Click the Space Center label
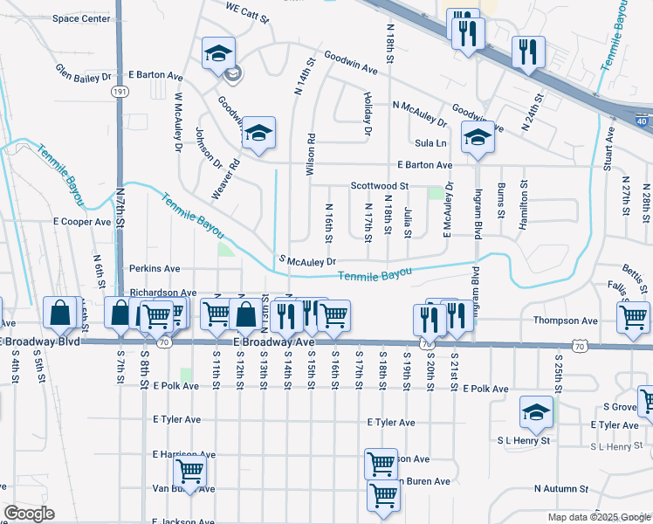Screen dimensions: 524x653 [82, 18]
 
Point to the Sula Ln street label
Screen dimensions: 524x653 [431, 142]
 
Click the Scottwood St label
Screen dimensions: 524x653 [380, 186]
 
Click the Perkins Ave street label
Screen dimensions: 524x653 [155, 269]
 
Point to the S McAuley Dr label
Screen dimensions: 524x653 [307, 260]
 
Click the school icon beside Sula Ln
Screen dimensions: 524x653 [478, 138]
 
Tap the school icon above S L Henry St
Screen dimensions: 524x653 [536, 411]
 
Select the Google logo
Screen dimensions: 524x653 [29, 514]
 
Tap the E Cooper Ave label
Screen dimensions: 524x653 [82, 222]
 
